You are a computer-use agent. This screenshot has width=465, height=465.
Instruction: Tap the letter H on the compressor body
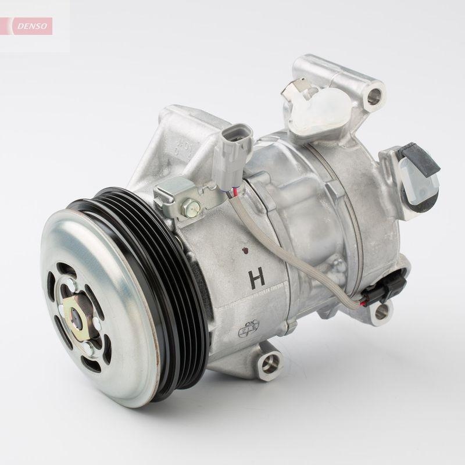(256, 278)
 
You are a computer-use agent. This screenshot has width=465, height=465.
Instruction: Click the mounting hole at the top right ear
(374, 94)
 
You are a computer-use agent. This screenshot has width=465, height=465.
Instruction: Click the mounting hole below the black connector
(381, 314)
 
